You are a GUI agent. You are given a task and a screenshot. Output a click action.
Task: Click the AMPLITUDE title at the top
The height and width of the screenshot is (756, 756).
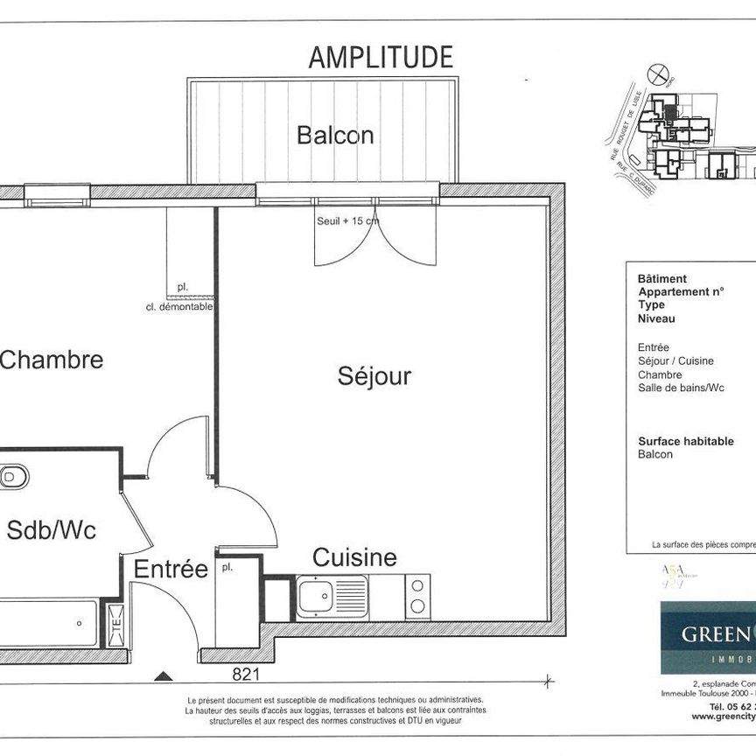coord(381,58)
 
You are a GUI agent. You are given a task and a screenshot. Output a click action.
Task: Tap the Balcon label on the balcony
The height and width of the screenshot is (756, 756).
coord(335,136)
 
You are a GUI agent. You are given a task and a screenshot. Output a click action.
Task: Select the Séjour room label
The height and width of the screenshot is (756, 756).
coord(374,377)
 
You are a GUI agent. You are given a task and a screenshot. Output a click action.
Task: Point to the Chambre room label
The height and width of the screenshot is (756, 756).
coord(52,360)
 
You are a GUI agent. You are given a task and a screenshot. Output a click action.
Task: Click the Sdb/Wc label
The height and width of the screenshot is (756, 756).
coord(52,530)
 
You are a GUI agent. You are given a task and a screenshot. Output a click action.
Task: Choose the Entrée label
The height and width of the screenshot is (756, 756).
coord(171,570)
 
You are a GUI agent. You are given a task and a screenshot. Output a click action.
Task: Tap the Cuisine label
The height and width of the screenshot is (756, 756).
coord(354,557)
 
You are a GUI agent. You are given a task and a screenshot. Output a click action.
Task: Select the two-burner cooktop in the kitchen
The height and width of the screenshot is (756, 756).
coord(417,597)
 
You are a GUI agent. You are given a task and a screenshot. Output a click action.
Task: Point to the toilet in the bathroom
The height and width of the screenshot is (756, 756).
coord(13,477)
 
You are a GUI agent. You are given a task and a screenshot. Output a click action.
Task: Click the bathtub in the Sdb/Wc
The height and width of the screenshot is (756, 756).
coord(48,624)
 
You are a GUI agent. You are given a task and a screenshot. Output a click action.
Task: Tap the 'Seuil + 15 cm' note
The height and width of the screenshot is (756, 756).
coord(347,221)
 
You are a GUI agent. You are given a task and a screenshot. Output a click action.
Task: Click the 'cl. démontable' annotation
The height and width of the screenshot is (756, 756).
coord(179,307)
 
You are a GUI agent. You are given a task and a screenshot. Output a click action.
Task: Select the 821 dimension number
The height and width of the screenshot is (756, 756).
coord(246,674)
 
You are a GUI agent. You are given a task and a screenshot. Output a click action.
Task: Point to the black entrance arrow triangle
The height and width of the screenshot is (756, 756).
coord(162,675)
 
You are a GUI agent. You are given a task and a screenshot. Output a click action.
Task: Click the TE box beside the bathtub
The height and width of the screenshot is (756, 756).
coord(114,625)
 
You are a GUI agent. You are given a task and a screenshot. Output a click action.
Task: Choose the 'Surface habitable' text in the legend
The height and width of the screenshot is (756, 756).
coord(685,442)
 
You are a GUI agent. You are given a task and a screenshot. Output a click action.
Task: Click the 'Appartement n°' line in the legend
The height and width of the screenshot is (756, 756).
coord(680,291)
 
